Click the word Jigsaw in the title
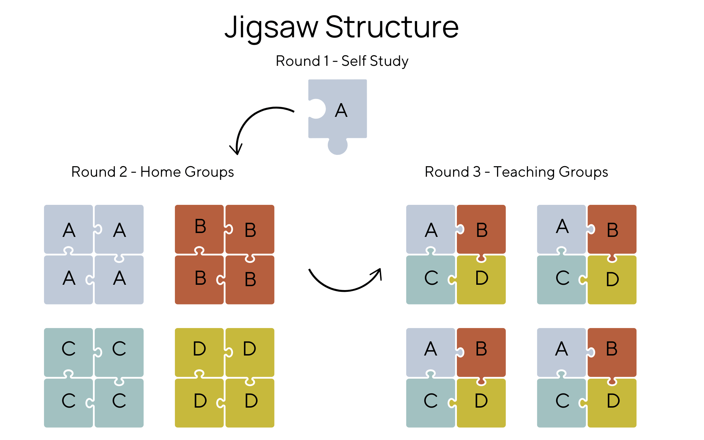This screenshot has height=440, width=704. click(271, 27)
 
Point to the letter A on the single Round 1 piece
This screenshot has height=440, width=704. click(341, 111)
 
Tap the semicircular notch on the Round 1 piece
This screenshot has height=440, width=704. click(316, 109)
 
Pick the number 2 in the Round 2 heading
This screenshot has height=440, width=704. click(123, 172)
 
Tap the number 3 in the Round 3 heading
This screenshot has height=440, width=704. click(477, 172)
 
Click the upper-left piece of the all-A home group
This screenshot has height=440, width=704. click(68, 229)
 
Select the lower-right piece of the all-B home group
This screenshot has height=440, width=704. click(250, 280)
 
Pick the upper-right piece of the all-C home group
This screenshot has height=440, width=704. click(119, 352)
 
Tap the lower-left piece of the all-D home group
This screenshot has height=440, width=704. click(199, 403)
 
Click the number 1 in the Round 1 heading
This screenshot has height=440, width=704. click(326, 61)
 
